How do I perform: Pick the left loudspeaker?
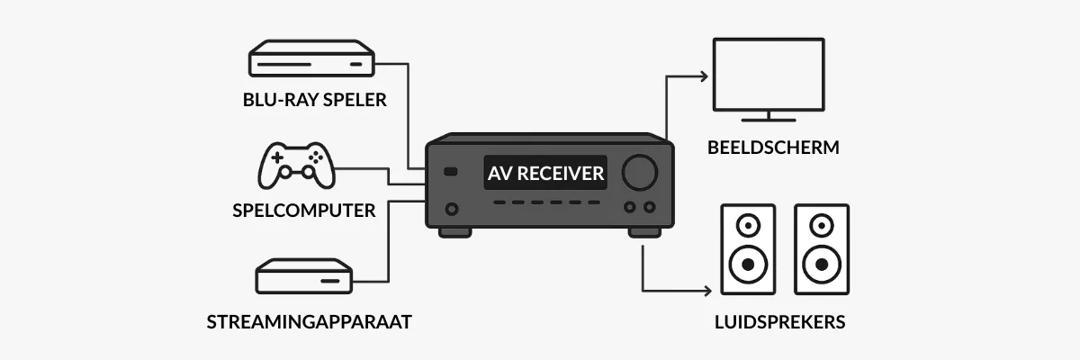point(747,249)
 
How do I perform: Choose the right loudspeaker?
point(821,249)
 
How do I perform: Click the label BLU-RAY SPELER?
point(314,99)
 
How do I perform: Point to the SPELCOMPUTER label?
point(302,211)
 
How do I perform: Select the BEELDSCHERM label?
point(774,147)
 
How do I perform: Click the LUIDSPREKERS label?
point(779,321)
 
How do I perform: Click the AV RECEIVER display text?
point(545,173)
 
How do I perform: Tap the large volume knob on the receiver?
point(638,172)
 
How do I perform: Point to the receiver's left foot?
point(454,232)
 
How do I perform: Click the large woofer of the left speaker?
point(747,265)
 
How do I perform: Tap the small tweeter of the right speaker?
point(821,224)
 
